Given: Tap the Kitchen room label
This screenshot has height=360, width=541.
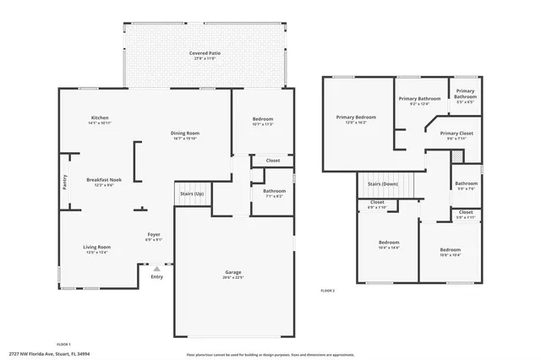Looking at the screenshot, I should pos(100,120).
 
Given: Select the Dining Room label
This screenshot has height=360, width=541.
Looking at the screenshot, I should pos(184,135).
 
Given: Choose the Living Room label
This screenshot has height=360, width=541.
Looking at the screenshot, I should pos(97,248).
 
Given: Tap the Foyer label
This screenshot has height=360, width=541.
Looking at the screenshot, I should pos(154,237).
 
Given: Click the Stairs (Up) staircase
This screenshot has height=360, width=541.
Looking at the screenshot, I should pos(191,194).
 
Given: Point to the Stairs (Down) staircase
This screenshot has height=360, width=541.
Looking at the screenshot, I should pos(382,184).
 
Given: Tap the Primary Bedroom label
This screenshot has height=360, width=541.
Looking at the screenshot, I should pos(355,119).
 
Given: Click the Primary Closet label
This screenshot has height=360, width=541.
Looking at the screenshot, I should pos(456,135).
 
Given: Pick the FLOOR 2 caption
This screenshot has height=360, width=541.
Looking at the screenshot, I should pos(327,290).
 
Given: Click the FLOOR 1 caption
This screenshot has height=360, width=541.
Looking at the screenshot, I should pos(63,344).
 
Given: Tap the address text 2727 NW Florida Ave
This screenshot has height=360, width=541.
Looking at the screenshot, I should pos(51,355).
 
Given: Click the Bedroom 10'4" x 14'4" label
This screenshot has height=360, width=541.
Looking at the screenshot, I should pos(389,245).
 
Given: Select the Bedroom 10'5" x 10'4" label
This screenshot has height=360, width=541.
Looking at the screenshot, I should pos(450,252).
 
